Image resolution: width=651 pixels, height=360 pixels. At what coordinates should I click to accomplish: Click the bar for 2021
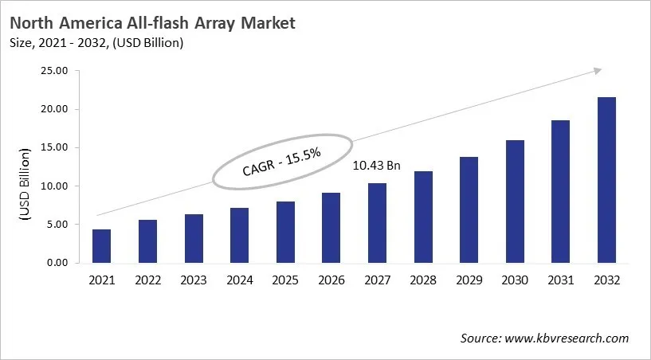point(101,246)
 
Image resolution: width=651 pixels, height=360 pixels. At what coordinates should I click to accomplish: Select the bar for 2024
point(240,235)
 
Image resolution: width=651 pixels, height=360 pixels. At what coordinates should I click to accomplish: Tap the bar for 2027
point(378,223)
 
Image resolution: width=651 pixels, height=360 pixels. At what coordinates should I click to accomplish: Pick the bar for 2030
point(516,202)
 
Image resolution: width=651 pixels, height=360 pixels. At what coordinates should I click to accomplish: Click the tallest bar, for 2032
point(607,180)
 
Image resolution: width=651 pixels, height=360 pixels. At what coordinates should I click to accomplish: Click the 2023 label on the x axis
point(194,280)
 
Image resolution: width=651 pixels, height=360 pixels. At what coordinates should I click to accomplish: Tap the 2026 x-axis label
point(331,280)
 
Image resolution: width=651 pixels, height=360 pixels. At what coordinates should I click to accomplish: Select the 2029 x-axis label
point(469,280)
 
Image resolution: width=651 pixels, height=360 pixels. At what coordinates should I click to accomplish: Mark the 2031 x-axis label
point(561,280)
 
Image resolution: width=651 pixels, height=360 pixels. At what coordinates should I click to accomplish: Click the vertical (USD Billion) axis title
point(25,183)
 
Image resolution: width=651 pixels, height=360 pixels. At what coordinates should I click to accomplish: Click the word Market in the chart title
point(267,23)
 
